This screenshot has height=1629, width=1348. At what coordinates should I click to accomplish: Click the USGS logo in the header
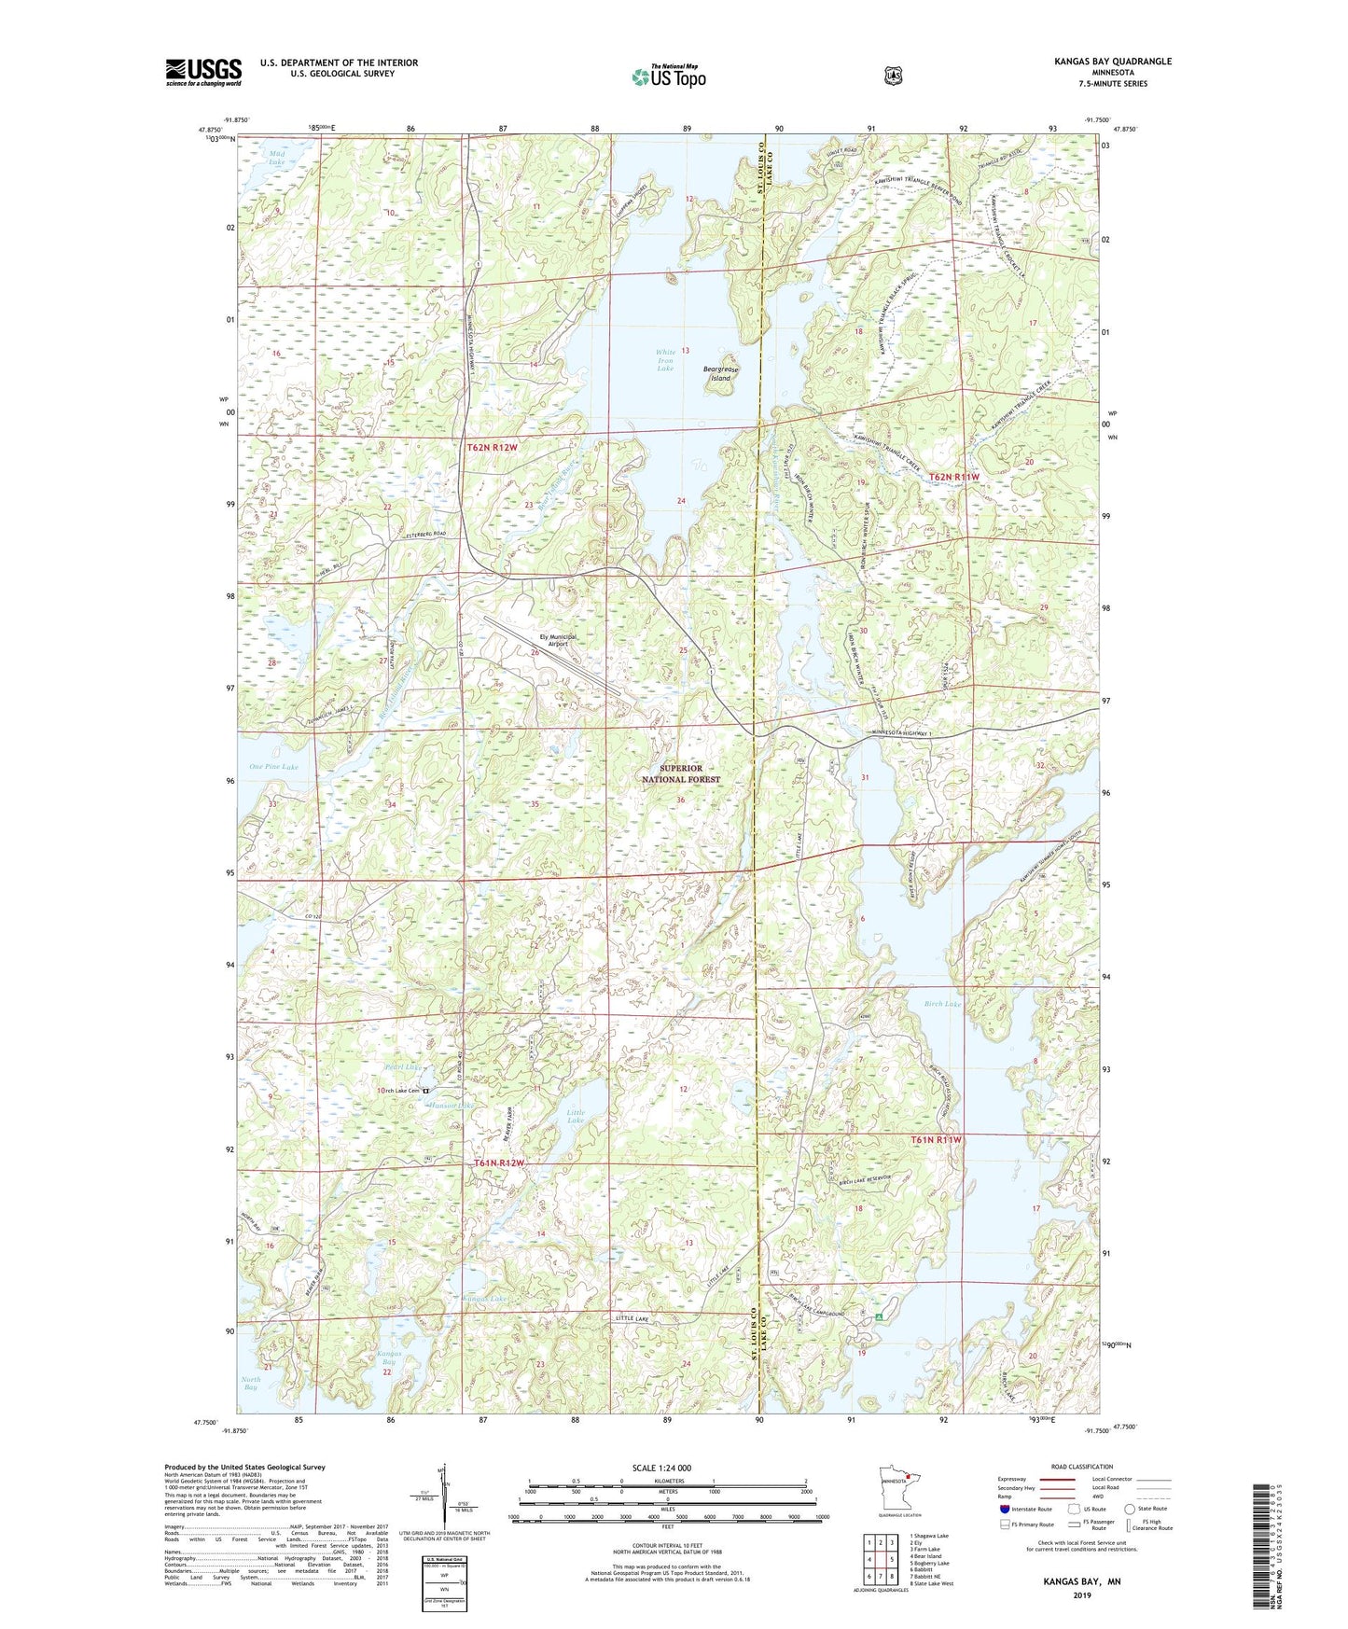tap(203, 72)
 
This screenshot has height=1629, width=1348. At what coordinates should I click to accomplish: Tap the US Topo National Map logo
tap(667, 77)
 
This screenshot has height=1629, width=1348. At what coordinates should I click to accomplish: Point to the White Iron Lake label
tap(664, 359)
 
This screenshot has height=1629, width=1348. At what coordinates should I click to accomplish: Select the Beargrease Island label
tap(720, 373)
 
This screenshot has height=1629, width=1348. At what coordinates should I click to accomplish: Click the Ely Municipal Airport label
tap(558, 640)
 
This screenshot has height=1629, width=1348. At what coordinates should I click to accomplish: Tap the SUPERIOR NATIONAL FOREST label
tap(681, 773)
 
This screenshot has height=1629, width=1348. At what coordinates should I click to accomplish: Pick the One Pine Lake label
tap(273, 767)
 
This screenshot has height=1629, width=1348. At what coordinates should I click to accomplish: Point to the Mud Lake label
tap(276, 158)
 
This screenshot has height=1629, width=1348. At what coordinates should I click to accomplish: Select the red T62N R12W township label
tap(493, 448)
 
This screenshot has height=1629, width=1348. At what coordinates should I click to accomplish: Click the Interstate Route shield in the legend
tap(1004, 1509)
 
